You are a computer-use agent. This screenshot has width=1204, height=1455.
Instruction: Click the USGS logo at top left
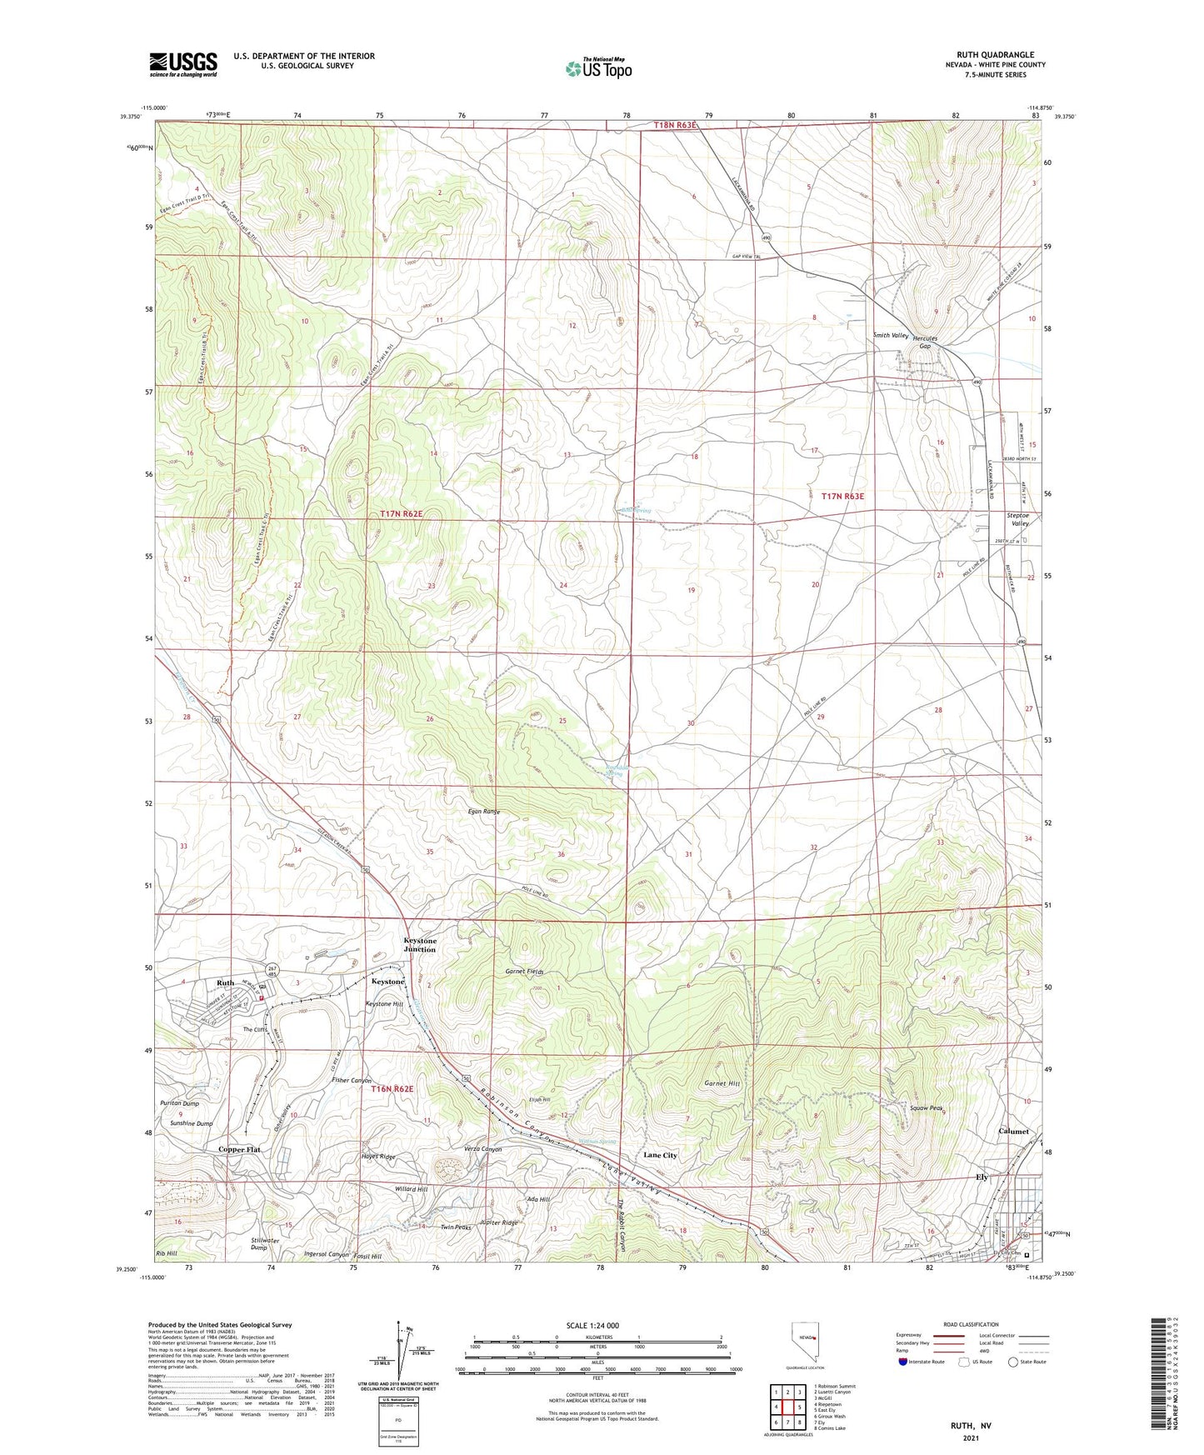[183, 63]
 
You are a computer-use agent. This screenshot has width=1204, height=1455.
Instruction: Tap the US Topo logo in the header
[598, 68]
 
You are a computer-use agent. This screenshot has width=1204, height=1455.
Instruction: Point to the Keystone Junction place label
[420, 945]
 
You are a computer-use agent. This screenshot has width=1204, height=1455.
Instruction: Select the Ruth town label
[225, 982]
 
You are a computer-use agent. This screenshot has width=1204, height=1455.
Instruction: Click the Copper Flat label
[239, 1149]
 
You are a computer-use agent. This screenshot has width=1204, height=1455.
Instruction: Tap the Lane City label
[660, 1155]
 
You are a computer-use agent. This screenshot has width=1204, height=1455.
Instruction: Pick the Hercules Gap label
[925, 342]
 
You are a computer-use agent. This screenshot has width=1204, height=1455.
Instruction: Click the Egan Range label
[483, 811]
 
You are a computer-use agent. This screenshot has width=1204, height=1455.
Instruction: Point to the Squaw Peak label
[926, 1108]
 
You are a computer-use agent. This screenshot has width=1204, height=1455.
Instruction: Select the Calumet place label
[1013, 1132]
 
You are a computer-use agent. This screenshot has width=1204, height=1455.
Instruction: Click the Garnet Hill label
[722, 1083]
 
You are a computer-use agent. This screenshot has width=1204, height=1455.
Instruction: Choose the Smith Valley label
[890, 335]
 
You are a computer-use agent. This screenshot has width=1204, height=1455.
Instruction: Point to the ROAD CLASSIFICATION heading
[971, 1324]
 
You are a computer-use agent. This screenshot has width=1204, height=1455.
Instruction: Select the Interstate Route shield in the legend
[904, 1362]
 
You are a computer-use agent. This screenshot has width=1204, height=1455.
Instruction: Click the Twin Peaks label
[456, 1227]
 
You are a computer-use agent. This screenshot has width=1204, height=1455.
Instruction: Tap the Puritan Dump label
[179, 1103]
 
